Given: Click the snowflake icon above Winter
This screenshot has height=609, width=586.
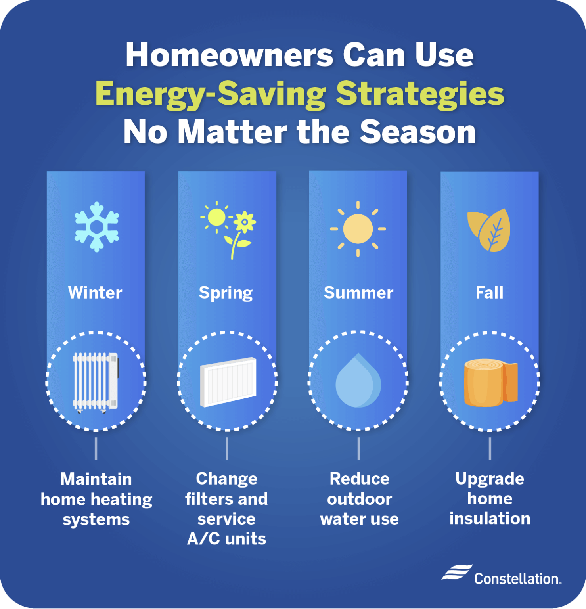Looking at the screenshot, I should (x=97, y=227).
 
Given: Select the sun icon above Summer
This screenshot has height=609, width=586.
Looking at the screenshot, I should (x=358, y=229).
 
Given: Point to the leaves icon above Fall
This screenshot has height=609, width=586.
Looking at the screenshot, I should (x=489, y=230).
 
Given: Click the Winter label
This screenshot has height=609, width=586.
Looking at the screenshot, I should (x=95, y=293).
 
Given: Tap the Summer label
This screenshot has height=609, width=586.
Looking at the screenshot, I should (x=358, y=293).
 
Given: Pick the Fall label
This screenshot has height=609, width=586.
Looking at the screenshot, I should (x=489, y=293).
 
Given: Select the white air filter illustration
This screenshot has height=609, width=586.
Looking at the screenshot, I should (x=228, y=382).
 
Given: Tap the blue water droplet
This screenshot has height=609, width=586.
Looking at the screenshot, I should (x=358, y=381).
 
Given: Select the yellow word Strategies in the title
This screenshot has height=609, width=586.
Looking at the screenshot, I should (x=420, y=94).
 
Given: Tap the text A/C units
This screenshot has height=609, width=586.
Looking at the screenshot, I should (x=226, y=539).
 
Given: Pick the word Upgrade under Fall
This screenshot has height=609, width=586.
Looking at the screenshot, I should (x=490, y=479).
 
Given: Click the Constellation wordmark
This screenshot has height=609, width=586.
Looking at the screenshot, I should (x=517, y=579).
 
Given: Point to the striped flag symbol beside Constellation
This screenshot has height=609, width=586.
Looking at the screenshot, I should (x=457, y=573).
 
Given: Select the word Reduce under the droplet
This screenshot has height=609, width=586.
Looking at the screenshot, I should (x=359, y=479).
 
